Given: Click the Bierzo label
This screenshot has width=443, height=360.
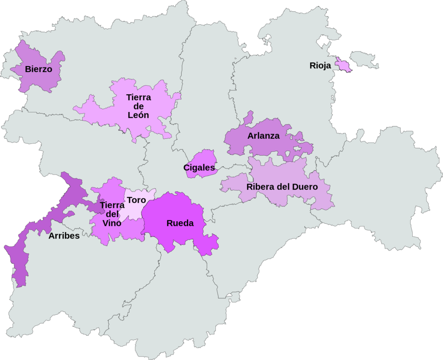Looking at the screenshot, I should [x=39, y=69].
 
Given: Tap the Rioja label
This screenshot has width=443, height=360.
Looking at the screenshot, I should [x=320, y=66].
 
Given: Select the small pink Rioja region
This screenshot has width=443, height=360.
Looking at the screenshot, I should [x=344, y=65].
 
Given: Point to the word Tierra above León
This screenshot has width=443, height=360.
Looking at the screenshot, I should [x=138, y=97].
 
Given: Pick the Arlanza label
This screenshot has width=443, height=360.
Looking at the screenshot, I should [x=263, y=136].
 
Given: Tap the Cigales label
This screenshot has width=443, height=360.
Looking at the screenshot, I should [x=199, y=168].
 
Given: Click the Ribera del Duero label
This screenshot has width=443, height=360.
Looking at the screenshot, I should [x=282, y=187].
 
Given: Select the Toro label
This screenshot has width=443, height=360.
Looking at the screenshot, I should [x=136, y=200].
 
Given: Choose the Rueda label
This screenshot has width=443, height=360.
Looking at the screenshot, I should [x=180, y=223].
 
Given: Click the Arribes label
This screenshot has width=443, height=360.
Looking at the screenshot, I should [x=64, y=236].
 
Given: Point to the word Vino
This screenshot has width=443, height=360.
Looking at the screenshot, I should [x=112, y=223].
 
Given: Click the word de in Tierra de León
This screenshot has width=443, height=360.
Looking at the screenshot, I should [x=138, y=106].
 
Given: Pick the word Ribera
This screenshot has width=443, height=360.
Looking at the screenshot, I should [x=260, y=187].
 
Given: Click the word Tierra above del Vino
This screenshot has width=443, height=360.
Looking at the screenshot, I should [x=112, y=205].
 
